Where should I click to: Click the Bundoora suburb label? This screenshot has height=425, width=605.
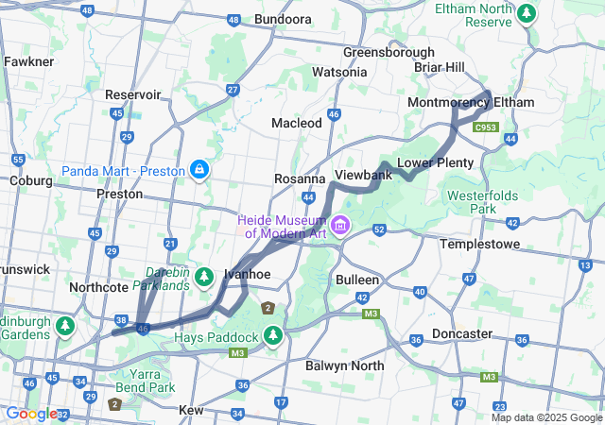click(283, 19)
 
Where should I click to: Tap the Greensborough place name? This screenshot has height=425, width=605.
click(389, 52)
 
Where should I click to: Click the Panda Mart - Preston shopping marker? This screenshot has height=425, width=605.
click(199, 170)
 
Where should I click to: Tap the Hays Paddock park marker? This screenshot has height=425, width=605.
click(273, 335)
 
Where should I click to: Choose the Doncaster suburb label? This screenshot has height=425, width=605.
click(461, 333)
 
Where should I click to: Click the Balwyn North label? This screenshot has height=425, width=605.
click(345, 365)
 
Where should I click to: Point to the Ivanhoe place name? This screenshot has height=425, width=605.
click(248, 274)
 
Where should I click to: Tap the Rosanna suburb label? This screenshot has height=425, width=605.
click(300, 178)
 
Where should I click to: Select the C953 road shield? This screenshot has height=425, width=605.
click(486, 127)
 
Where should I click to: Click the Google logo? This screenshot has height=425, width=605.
click(31, 414)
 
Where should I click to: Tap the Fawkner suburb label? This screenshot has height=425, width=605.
click(28, 61)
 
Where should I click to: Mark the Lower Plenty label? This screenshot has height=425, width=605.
click(435, 162)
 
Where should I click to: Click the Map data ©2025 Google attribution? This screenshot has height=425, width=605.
click(545, 417)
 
